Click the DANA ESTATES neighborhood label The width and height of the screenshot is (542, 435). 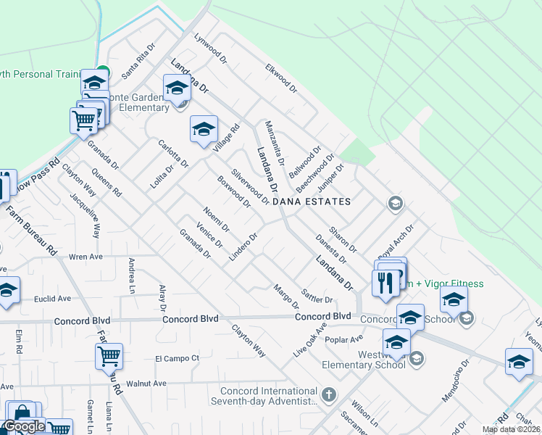317,202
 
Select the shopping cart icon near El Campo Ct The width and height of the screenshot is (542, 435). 109,356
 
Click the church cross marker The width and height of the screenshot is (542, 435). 329,395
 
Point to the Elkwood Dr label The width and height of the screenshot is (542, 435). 282,78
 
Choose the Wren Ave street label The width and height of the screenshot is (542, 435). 86,257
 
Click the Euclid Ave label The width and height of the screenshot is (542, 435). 54,298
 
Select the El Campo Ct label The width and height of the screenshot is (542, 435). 177,358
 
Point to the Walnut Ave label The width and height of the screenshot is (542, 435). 146,383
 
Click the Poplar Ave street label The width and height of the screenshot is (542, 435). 344,339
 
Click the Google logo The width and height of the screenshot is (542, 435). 24,426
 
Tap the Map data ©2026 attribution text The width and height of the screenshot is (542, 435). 511,429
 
